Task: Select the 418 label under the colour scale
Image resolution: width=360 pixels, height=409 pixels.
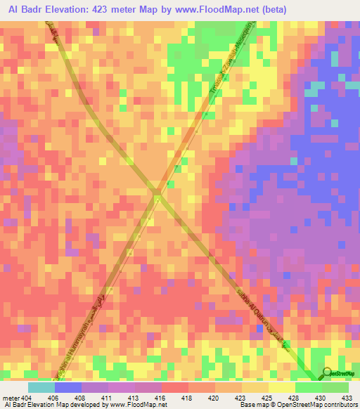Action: click(188, 397)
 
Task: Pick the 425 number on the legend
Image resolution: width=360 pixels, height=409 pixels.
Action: click(269, 397)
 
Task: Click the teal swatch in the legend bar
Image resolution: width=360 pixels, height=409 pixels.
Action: click(41, 387)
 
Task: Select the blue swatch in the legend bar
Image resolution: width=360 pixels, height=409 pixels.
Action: click(67, 387)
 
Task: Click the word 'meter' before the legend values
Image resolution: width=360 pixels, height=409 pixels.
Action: click(11, 397)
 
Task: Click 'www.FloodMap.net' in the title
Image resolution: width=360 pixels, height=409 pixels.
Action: click(238, 10)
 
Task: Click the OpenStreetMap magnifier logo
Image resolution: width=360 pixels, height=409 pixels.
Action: click(327, 372)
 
